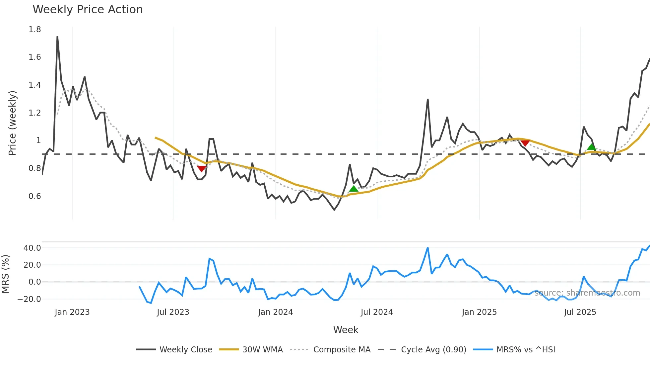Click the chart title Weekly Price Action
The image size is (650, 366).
[88, 10]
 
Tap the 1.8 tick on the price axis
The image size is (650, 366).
[34, 30]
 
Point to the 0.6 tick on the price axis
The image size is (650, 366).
[34, 196]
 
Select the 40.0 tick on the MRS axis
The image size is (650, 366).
[32, 248]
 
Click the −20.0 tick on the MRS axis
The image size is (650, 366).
[29, 299]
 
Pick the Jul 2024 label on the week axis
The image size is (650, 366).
[377, 312]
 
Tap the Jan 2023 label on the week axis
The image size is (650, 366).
[72, 312]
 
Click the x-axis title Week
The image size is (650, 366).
[346, 330]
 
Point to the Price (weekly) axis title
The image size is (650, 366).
[12, 123]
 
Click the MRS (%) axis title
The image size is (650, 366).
[5, 274]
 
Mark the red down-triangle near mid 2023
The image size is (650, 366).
[201, 169]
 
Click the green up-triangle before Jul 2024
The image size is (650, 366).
[354, 189]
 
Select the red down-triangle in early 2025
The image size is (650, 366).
[525, 143]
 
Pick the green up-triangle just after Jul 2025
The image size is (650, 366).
[591, 147]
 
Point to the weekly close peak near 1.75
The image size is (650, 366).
[57, 37]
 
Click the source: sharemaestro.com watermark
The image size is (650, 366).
[587, 293]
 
